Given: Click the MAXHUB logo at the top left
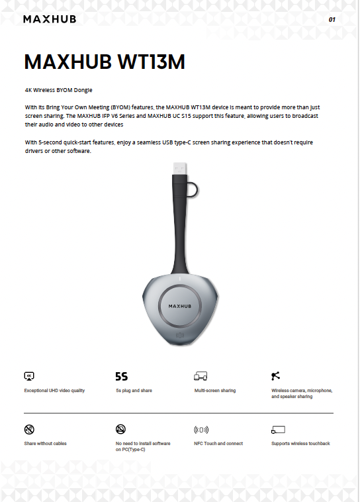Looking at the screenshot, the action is click(x=50, y=19).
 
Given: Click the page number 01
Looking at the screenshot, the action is click(x=332, y=20).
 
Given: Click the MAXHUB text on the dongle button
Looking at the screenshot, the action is click(x=179, y=307).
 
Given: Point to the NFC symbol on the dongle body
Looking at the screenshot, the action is click(x=179, y=335).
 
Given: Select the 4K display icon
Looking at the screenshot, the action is click(x=29, y=376).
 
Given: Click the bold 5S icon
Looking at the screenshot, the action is click(x=122, y=376).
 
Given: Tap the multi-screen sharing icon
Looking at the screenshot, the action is click(x=201, y=376).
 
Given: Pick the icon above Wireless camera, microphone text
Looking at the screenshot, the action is click(x=277, y=376).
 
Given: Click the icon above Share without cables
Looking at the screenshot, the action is click(x=29, y=429).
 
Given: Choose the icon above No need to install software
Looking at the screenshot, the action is click(x=121, y=429).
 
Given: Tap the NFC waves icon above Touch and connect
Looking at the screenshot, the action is click(x=201, y=429).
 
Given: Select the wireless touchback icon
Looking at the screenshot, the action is click(x=277, y=429).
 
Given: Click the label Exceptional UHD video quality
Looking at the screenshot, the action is click(x=54, y=391).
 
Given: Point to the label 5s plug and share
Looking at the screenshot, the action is click(x=134, y=391).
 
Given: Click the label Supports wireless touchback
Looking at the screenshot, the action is click(x=300, y=444).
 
